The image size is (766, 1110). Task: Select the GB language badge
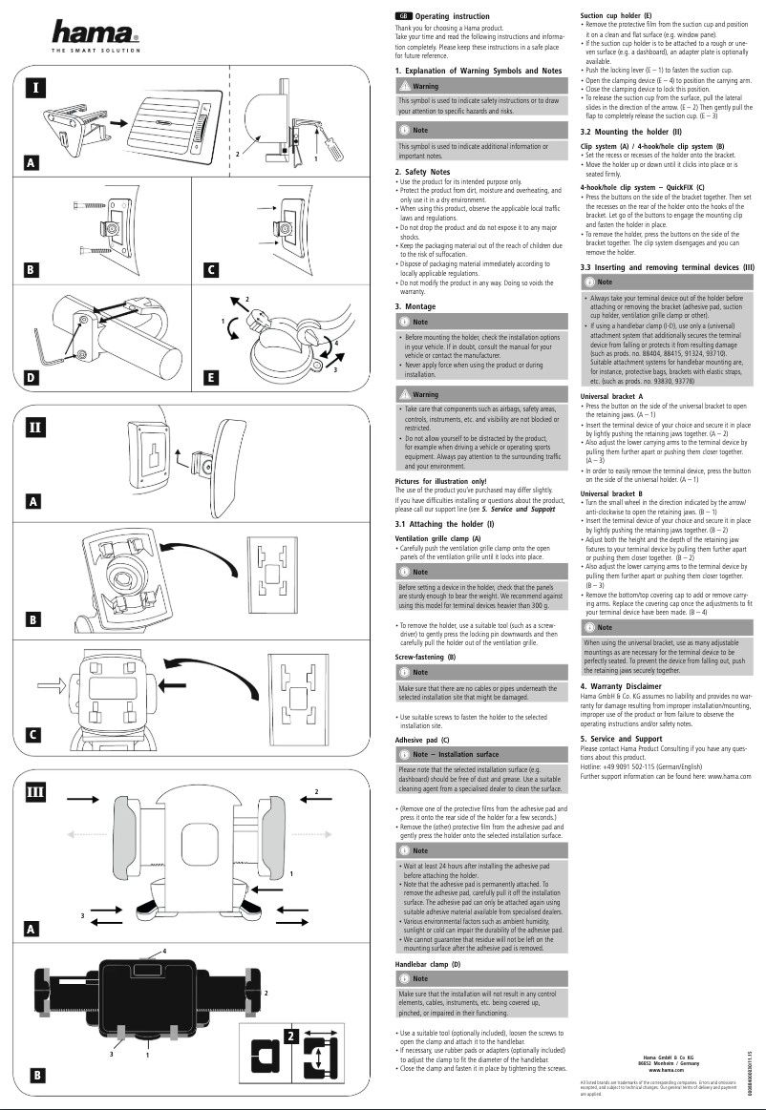click(x=403, y=16)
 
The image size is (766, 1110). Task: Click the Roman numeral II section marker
click(x=35, y=426)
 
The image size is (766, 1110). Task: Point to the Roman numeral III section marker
click(x=35, y=791)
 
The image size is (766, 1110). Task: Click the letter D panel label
click(x=33, y=378)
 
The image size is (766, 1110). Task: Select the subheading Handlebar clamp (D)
click(x=428, y=965)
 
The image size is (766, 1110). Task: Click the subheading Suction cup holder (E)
click(x=616, y=16)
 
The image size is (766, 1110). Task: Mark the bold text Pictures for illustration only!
click(x=440, y=481)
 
